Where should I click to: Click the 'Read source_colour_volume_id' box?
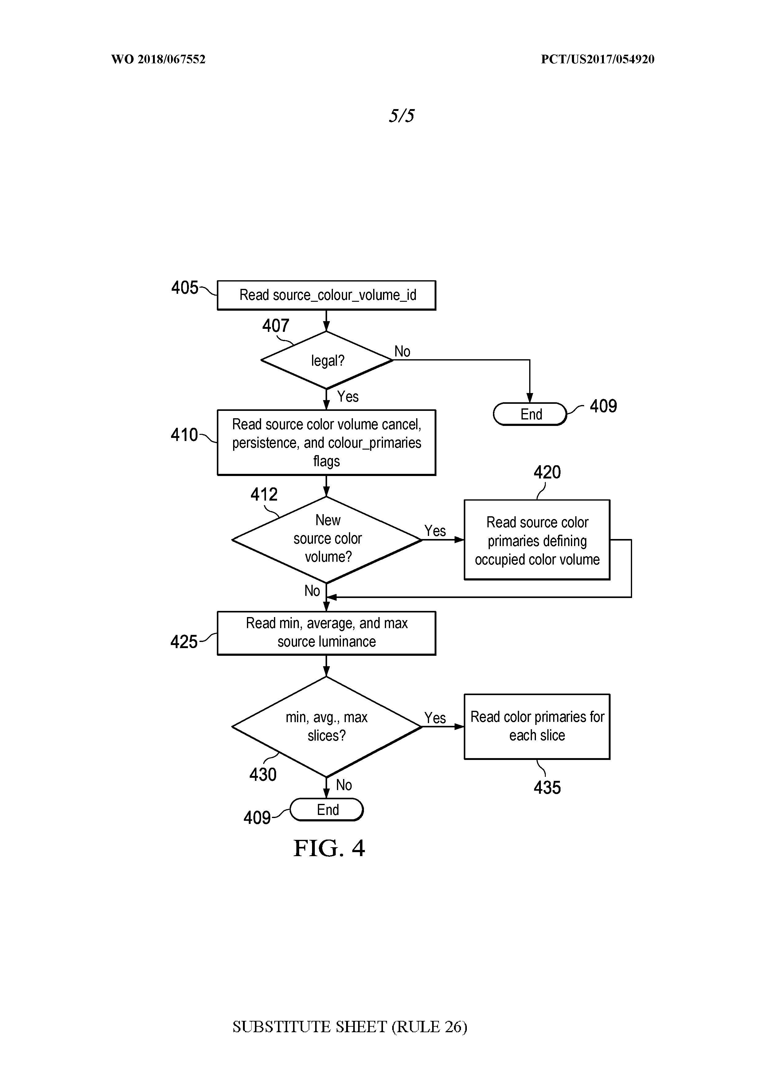(326, 295)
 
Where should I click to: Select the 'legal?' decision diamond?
(326, 360)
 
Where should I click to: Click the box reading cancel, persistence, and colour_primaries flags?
(326, 442)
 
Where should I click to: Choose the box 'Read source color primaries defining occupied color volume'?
(537, 540)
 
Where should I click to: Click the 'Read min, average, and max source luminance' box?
(326, 632)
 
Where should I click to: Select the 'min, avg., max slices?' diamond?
(326, 726)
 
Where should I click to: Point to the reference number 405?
(184, 287)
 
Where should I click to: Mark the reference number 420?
(547, 472)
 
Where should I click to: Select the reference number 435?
(547, 787)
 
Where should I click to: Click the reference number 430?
(263, 774)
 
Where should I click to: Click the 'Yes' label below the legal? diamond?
(348, 397)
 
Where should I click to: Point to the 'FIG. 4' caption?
(329, 848)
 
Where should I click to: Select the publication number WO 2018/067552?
(158, 59)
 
